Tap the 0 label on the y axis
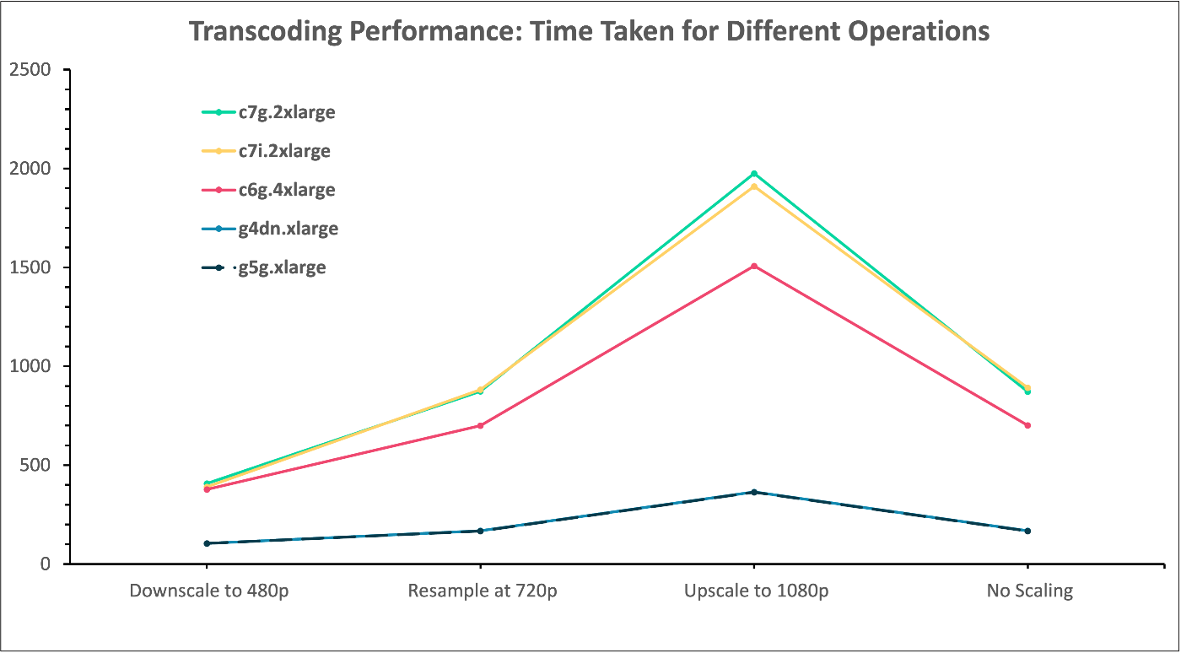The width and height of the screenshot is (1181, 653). point(46,564)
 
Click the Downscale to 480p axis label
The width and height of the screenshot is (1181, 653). point(208,591)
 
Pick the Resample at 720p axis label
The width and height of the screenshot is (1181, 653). point(482,591)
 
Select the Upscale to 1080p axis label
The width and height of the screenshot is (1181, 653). point(756,591)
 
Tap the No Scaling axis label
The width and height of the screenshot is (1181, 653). point(1029,591)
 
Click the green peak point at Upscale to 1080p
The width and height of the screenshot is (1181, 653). point(754,174)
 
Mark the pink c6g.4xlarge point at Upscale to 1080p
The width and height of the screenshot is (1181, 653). point(754,266)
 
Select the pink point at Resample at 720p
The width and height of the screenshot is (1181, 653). point(480,425)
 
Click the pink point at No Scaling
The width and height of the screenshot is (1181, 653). point(1027,425)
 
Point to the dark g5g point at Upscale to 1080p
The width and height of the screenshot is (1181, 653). point(754,492)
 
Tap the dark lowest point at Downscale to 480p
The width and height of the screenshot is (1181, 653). point(207,543)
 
